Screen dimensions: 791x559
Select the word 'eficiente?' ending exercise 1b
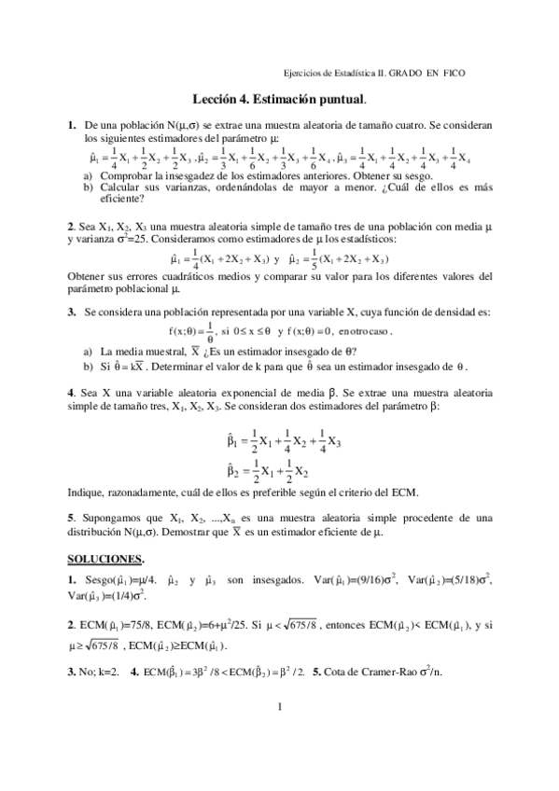point(106,198)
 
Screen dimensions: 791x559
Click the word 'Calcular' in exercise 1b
point(106,187)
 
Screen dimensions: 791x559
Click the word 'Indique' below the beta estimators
point(88,492)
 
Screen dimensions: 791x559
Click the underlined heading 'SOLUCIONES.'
point(105,559)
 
